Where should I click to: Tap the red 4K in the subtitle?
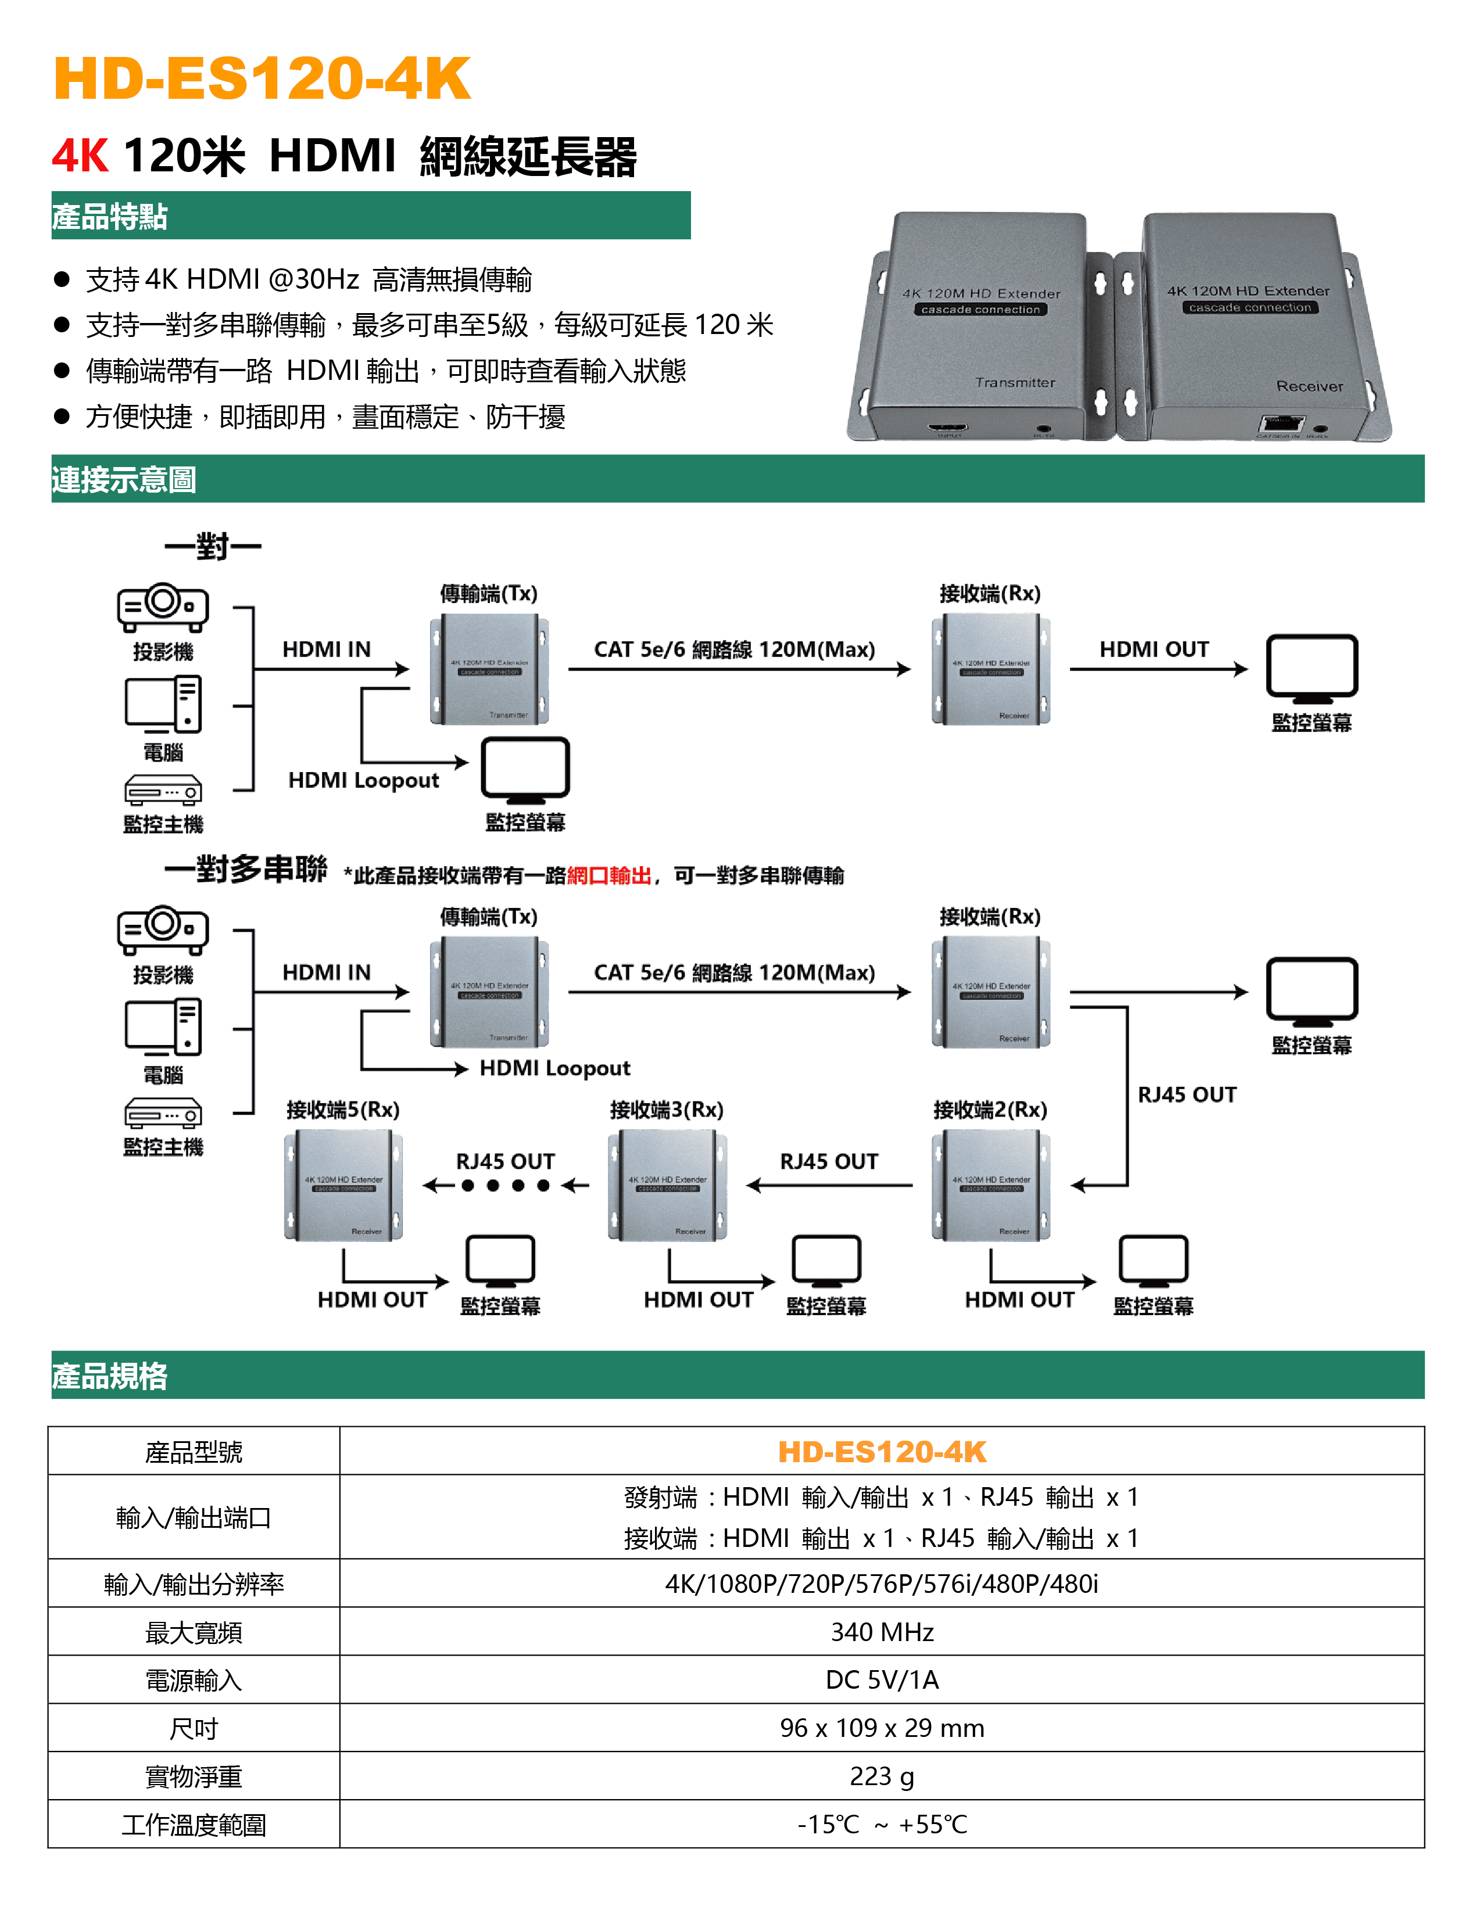coord(80,156)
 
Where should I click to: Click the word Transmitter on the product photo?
coord(1015,383)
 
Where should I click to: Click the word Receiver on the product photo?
coord(1309,386)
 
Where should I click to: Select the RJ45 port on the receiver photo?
coord(1283,425)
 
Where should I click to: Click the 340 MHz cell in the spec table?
coord(882,1632)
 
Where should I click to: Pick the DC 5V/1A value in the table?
coord(882,1680)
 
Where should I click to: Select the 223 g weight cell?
coord(882,1776)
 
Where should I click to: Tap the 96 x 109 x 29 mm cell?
coord(882,1728)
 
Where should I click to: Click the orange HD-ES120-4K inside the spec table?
coord(882,1452)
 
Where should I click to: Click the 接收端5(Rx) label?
coord(342,1110)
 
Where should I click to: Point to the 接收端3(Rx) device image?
coord(667,1185)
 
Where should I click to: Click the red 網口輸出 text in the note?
coord(608,875)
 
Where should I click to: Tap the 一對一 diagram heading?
coord(213,547)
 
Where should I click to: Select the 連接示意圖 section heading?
coord(124,480)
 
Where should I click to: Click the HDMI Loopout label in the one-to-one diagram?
coord(363,780)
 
